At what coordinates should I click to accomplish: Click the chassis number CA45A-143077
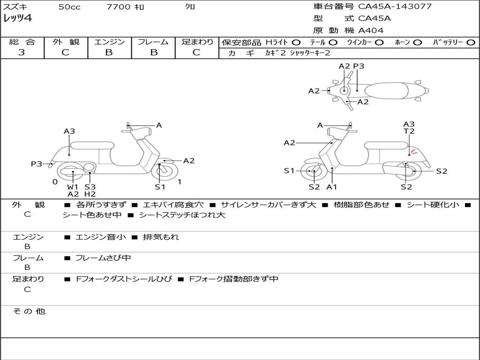[395, 7]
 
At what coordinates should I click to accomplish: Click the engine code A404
[371, 30]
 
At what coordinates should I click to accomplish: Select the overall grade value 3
[22, 52]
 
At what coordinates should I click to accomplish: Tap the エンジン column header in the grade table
[109, 42]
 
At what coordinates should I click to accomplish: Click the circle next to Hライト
[296, 43]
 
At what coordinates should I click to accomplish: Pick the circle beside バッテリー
[470, 43]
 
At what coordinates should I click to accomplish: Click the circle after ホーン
[417, 43]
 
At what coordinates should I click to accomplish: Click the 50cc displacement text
[69, 7]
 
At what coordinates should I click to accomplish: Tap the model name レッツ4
[17, 19]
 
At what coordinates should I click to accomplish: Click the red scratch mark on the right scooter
[413, 151]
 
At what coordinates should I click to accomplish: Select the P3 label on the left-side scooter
[37, 164]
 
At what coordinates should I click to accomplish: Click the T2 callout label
[409, 131]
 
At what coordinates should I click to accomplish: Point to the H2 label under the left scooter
[90, 194]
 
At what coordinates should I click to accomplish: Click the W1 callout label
[73, 187]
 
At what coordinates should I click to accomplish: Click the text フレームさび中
[103, 258]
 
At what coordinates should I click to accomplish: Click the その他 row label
[29, 311]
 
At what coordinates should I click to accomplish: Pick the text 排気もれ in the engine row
[161, 237]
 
